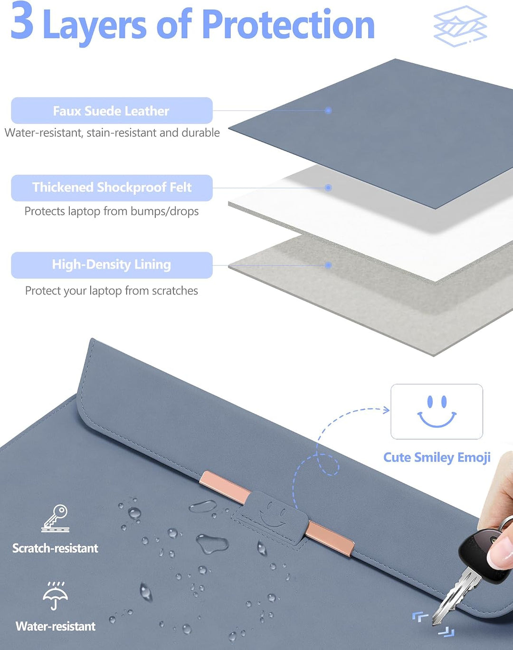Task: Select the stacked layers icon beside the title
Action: (460, 26)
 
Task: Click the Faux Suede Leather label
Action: (112, 111)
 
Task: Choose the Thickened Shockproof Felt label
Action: (112, 188)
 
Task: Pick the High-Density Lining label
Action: (112, 265)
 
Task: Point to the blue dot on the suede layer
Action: (328, 110)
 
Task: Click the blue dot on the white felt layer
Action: (328, 188)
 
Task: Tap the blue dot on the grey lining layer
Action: (328, 265)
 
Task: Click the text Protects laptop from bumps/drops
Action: (112, 211)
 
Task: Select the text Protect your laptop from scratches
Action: (112, 291)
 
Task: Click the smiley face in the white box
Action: (437, 411)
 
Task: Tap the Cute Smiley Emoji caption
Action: (437, 458)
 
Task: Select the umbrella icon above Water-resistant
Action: (55, 595)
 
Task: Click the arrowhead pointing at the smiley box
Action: (387, 410)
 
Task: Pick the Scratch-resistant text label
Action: (55, 548)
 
